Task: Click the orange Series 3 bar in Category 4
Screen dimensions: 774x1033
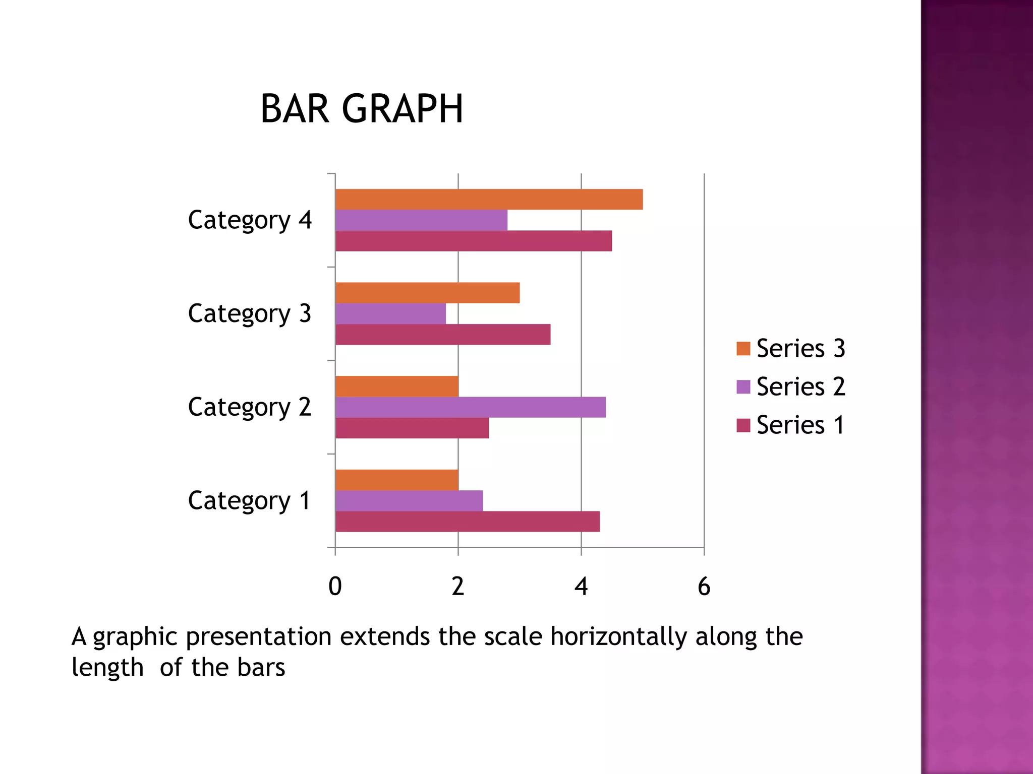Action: [x=489, y=199]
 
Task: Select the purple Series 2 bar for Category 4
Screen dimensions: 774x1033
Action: [x=421, y=220]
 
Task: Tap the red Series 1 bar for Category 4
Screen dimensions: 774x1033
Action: [x=473, y=241]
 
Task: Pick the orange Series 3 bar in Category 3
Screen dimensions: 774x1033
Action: [x=427, y=293]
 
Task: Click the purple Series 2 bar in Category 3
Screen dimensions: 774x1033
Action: [x=390, y=313]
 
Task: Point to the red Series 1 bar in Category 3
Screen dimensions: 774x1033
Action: [x=443, y=335]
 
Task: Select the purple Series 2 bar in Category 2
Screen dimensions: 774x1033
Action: [x=470, y=407]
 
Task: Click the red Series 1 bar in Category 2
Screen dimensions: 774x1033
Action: [x=412, y=428]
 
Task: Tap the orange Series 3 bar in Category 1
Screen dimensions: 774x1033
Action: [x=396, y=480]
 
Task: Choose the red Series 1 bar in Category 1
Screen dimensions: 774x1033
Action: [x=467, y=522]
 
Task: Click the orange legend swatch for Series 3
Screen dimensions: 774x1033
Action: [x=743, y=349]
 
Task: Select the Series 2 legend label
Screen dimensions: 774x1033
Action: [x=800, y=387]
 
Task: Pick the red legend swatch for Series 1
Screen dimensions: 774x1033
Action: [x=743, y=425]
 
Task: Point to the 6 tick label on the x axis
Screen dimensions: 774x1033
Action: [x=704, y=587]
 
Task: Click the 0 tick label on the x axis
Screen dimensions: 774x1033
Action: [x=335, y=587]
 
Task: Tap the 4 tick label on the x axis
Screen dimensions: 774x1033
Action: [x=581, y=587]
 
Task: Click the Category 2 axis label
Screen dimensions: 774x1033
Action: [x=249, y=407]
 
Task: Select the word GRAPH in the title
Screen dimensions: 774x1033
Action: [x=402, y=109]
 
